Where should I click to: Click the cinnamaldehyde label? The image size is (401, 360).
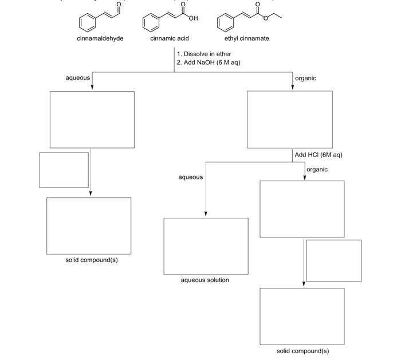[100, 38]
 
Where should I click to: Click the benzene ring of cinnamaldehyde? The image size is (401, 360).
[88, 22]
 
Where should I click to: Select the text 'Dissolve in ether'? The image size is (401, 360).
[207, 54]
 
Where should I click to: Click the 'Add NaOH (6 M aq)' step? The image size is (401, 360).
[211, 62]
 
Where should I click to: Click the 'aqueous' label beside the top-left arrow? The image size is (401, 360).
[78, 77]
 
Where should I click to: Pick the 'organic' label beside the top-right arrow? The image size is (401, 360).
[305, 78]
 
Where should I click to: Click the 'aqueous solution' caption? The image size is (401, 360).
[205, 280]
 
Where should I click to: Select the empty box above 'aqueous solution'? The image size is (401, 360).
[206, 246]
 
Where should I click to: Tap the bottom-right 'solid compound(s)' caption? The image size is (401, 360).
[302, 351]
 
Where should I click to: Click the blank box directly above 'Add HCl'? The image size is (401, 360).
[289, 119]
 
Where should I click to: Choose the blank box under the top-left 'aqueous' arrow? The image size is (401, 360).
[92, 119]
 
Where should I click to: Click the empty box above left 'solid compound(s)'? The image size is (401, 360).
[89, 225]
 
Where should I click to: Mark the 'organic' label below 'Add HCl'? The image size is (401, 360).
[317, 170]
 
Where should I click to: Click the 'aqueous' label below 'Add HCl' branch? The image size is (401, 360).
[190, 177]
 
